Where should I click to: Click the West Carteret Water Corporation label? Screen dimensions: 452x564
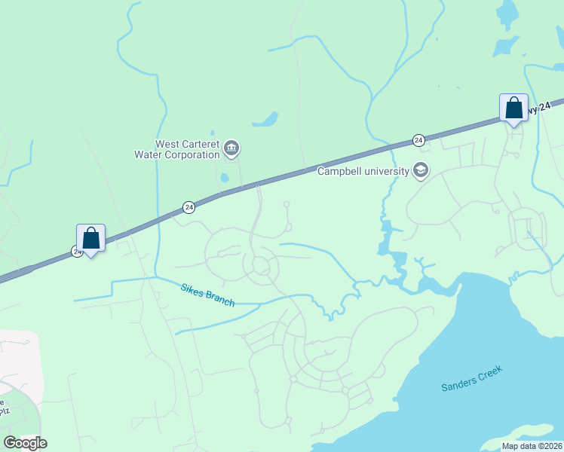[x=187, y=149]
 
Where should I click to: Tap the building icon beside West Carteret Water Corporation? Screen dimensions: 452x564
[x=231, y=149]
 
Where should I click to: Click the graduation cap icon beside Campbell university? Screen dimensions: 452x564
[x=420, y=171]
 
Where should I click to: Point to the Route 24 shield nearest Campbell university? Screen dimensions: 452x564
[x=418, y=140]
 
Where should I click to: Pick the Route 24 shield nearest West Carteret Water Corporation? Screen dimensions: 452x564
[x=189, y=207]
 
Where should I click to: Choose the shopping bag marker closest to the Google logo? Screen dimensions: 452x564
[x=90, y=238]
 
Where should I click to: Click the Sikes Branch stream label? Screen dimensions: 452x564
[x=207, y=295]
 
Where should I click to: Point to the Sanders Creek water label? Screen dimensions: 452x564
[x=471, y=377]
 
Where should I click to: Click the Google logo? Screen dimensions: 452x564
[x=25, y=443]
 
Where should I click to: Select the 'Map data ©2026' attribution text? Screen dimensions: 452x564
[x=531, y=446]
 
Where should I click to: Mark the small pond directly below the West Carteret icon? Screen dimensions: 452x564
[x=225, y=179]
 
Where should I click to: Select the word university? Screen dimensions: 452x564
[x=385, y=171]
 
